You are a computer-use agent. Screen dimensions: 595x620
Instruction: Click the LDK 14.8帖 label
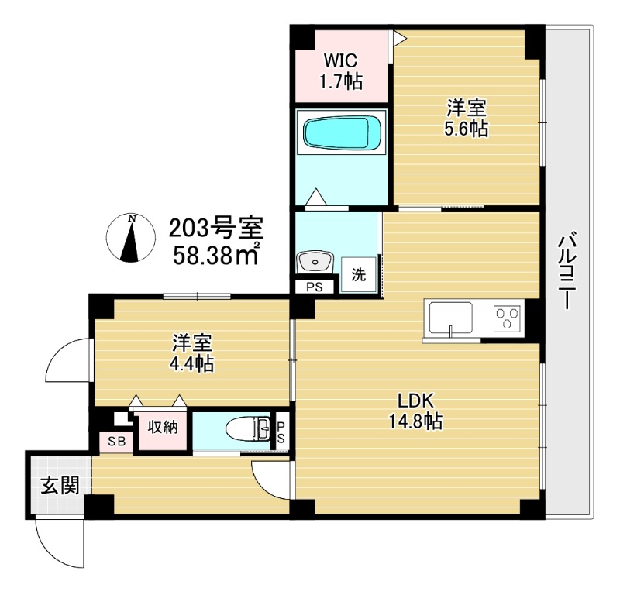(x=419, y=411)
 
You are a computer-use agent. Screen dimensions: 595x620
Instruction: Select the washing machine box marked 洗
(x=358, y=273)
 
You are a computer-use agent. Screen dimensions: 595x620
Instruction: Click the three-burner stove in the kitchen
(x=508, y=318)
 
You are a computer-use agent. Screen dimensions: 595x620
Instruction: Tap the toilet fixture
(x=248, y=428)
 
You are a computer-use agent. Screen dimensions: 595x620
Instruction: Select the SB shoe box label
(x=116, y=441)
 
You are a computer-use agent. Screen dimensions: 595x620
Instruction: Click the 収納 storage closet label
(x=162, y=427)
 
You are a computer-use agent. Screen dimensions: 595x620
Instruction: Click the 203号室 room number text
(x=215, y=229)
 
